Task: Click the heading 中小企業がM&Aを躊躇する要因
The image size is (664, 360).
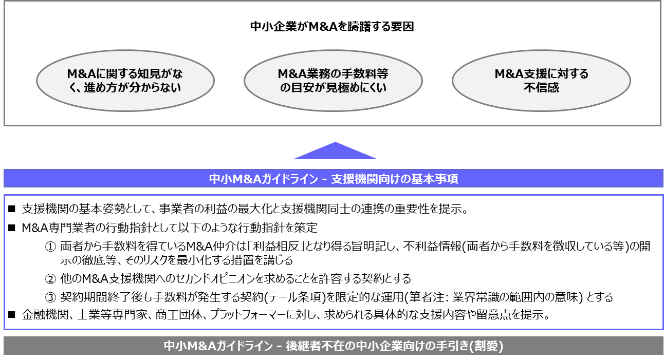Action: click(332, 27)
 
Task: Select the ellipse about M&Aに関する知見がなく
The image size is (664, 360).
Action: click(125, 81)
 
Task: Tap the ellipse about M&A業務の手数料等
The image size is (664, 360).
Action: click(333, 81)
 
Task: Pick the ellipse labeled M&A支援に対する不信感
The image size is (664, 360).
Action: click(541, 81)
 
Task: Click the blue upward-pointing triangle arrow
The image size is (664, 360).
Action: click(335, 151)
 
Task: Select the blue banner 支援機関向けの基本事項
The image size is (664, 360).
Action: click(334, 179)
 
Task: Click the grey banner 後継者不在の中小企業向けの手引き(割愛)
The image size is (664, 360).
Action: click(333, 346)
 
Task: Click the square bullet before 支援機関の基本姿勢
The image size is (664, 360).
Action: click(12, 210)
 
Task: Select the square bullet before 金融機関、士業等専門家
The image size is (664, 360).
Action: click(12, 315)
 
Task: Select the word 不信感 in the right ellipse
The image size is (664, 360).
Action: click(541, 88)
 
